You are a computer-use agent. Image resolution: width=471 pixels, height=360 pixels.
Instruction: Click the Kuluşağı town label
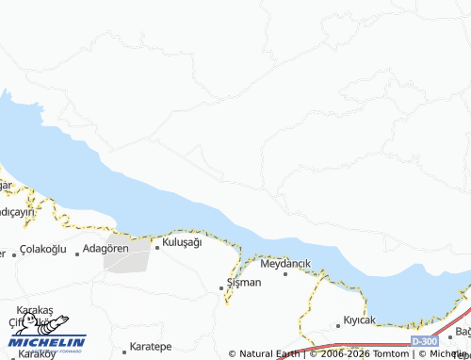183,242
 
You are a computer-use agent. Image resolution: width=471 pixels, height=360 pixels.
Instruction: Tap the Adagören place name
106,248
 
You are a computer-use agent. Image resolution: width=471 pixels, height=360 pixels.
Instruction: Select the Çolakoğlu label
43,249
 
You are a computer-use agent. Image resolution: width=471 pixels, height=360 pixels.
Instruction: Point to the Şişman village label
244,282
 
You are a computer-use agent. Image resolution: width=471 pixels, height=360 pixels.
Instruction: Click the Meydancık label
284,262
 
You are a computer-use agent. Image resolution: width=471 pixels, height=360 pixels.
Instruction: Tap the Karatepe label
151,347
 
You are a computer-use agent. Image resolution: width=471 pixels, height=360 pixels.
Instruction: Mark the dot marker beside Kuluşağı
157,247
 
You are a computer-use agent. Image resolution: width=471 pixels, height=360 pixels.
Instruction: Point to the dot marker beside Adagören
77,254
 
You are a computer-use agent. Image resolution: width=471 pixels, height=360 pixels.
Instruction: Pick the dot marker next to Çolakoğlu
14,254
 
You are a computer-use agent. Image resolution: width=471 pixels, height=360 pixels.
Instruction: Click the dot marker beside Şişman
221,286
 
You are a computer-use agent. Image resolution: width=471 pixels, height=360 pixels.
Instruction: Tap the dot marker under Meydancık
285,273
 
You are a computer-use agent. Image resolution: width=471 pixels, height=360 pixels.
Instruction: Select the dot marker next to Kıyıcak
338,326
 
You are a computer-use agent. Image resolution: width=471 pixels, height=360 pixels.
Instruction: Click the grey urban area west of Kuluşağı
126,256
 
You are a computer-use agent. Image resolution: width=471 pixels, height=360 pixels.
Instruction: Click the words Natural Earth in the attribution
268,354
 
